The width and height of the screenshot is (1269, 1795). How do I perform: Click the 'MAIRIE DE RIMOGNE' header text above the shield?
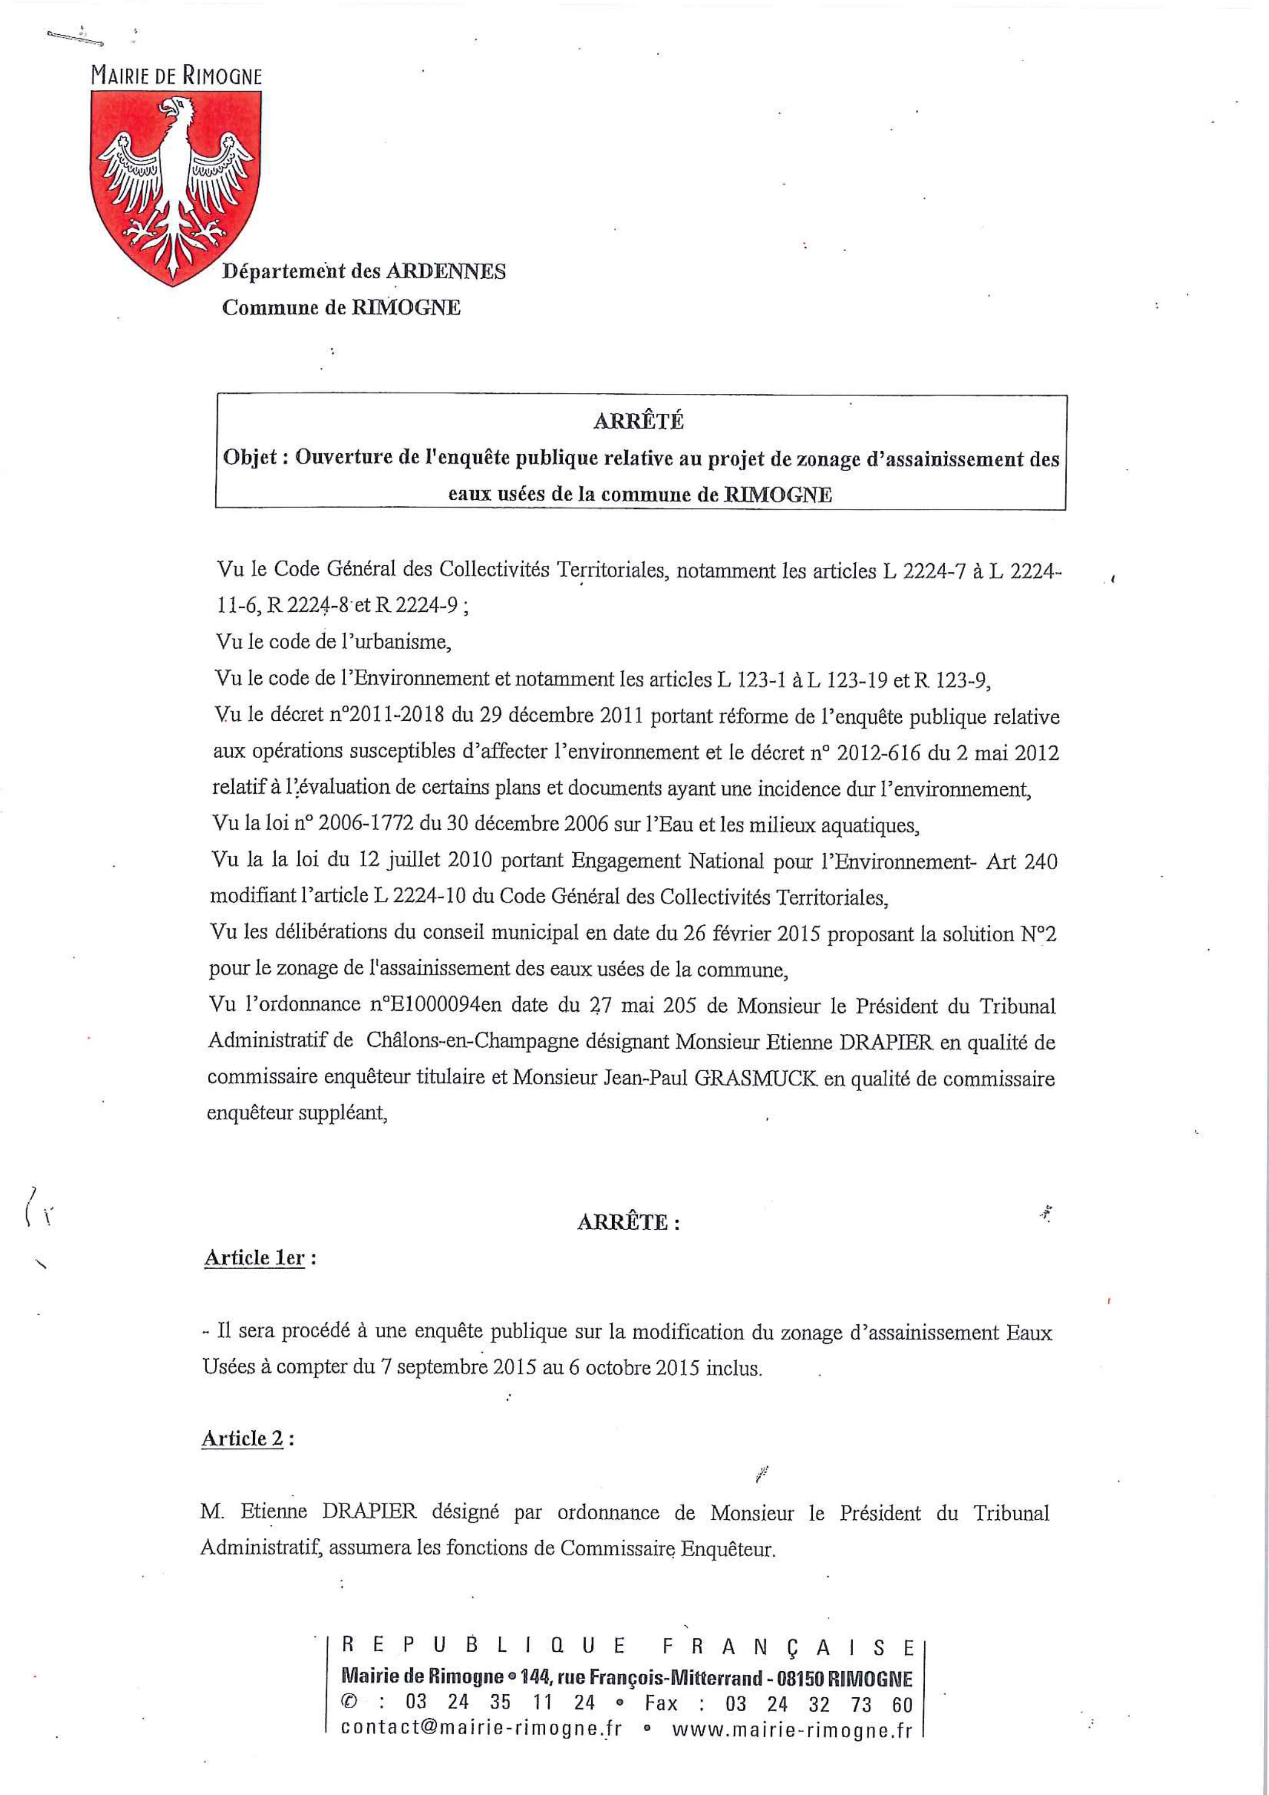click(176, 76)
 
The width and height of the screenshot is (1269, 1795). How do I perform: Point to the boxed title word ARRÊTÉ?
click(639, 422)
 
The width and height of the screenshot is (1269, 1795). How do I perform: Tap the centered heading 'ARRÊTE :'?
click(628, 1223)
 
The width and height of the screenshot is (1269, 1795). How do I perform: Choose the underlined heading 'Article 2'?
click(242, 1438)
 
